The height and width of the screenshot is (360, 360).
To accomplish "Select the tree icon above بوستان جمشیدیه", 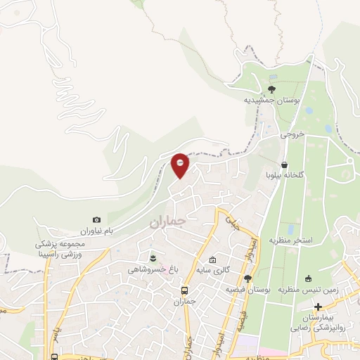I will coord(272,89).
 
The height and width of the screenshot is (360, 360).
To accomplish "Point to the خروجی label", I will coord(292,133).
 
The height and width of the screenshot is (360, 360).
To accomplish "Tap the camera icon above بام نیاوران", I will coord(96,220).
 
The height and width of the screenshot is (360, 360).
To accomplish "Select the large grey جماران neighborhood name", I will coord(167,222).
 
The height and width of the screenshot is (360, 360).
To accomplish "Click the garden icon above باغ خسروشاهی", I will coord(153,255).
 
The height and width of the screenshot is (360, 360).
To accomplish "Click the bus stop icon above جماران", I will coord(184,290).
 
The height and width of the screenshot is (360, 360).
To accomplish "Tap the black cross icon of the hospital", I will coord(319,307).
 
